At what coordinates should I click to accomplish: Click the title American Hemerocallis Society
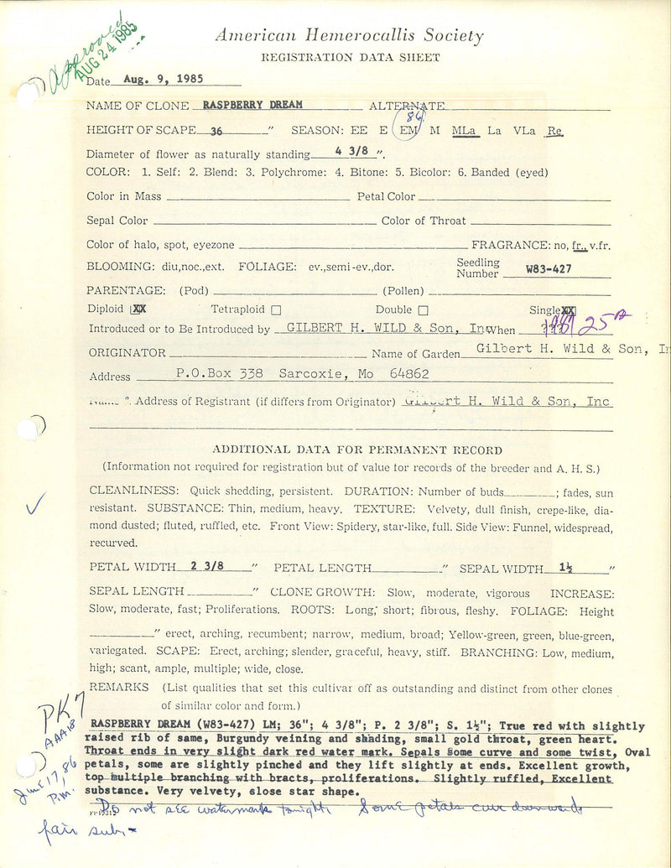[x=349, y=36]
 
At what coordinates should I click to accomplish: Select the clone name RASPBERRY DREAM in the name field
[x=252, y=105]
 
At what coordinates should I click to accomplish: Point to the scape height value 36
[x=216, y=130]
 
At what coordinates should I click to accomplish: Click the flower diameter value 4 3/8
[x=350, y=153]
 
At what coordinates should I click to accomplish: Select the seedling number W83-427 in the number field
[x=554, y=269]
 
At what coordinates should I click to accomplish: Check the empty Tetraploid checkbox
[x=276, y=309]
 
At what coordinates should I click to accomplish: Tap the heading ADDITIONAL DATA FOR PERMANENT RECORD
[x=357, y=450]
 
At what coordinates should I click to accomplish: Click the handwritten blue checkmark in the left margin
[x=35, y=503]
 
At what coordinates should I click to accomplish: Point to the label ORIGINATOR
[x=127, y=353]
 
